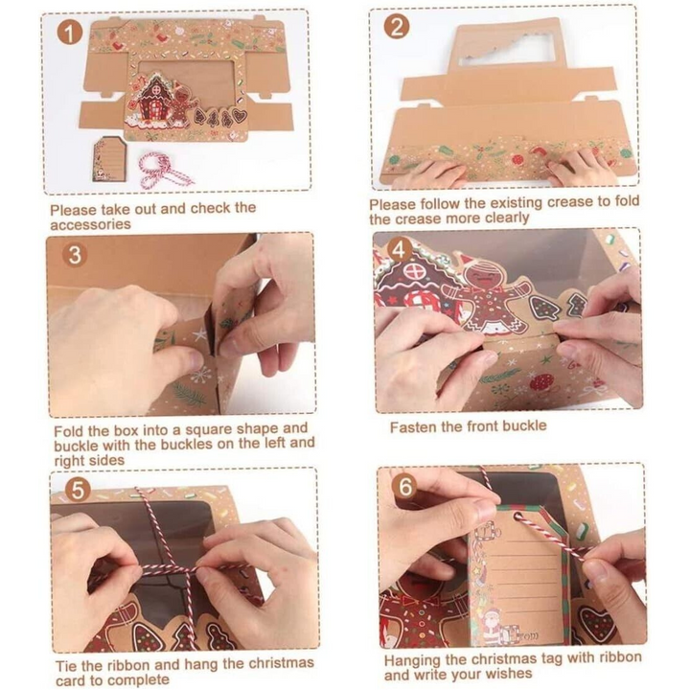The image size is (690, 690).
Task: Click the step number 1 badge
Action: click(67, 34)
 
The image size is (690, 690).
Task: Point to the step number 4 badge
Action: click(398, 248)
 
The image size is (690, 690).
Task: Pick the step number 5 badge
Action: click(76, 491)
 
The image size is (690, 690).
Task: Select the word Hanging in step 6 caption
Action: click(414, 659)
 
